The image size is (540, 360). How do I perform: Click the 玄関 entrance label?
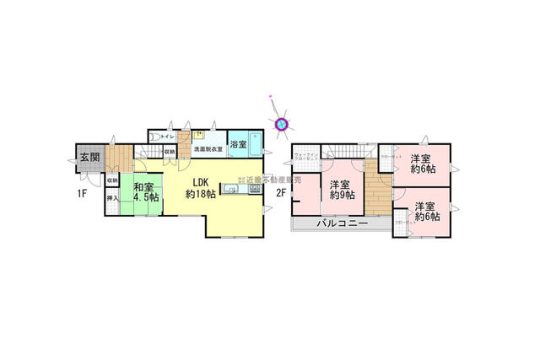coord(89,155)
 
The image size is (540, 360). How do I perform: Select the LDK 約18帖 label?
coord(199,188)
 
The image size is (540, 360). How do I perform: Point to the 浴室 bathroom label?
coord(240,145)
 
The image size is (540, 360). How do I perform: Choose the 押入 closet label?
coord(111,198)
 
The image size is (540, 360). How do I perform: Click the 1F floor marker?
coord(83,193)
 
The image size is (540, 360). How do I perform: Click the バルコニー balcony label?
coord(341,224)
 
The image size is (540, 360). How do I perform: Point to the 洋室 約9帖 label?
coord(341,191)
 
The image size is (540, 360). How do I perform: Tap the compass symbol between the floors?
coord(282,124)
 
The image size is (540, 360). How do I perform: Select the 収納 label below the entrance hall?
coord(111,180)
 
